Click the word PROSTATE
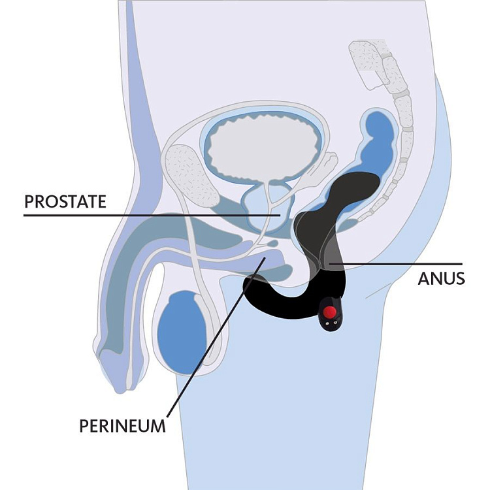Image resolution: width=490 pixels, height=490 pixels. point(65,201)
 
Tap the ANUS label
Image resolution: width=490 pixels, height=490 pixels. point(442,278)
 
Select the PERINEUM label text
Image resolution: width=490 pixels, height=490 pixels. point(122,426)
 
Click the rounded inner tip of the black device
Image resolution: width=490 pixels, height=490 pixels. point(372,183)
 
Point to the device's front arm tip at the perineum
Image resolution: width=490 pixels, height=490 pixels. point(252,285)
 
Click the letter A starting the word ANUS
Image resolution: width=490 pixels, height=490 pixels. point(423,278)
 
